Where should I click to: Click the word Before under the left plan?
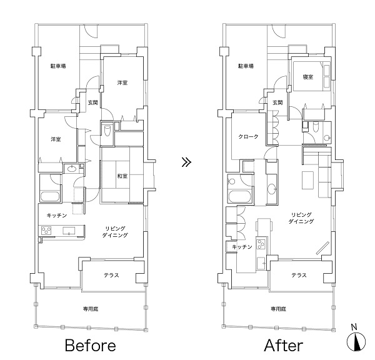click(x=91, y=345)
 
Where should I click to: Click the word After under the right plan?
click(x=284, y=345)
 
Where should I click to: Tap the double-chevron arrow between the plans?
click(x=186, y=162)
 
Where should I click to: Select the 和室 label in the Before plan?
click(x=122, y=176)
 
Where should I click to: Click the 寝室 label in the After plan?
click(x=307, y=77)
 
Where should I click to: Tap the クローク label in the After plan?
click(x=248, y=136)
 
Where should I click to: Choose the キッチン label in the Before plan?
click(x=57, y=215)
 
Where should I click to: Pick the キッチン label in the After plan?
click(x=242, y=247)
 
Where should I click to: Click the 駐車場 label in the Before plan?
click(x=58, y=66)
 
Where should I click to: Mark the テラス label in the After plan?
click(x=299, y=275)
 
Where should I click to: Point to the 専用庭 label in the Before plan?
click(x=91, y=309)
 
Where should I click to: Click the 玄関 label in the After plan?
click(x=277, y=102)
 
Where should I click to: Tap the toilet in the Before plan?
click(x=107, y=130)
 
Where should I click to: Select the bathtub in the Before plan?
click(x=50, y=197)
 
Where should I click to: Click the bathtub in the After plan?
click(x=239, y=197)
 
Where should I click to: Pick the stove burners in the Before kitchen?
click(x=46, y=231)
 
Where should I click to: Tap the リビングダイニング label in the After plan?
click(x=301, y=218)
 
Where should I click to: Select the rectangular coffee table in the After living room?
click(x=307, y=180)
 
